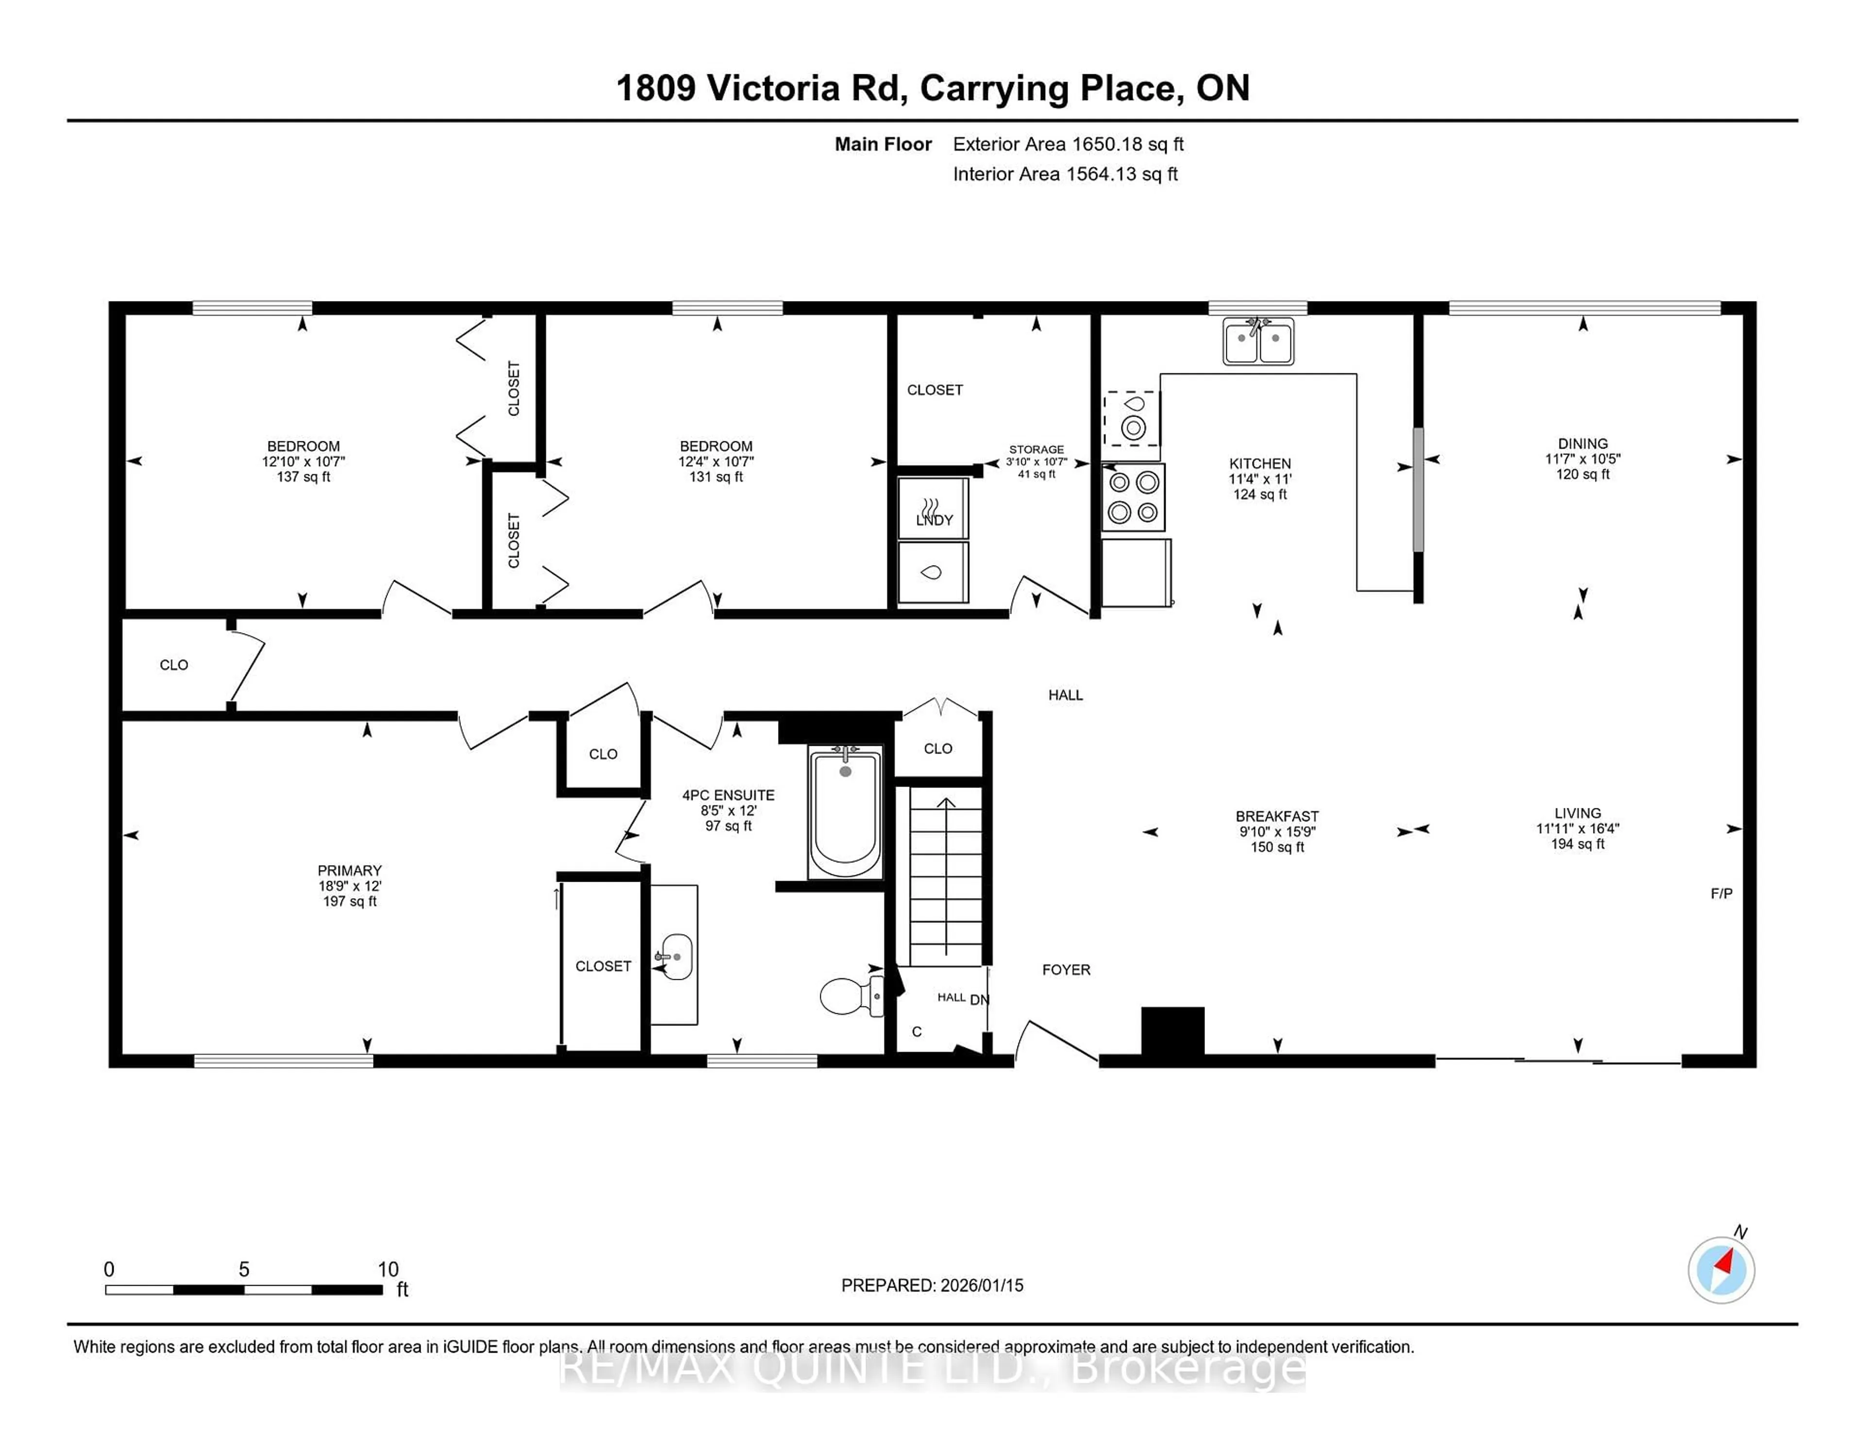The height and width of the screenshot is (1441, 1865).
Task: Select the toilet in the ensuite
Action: tap(849, 995)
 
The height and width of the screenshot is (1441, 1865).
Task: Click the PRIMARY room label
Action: tap(349, 870)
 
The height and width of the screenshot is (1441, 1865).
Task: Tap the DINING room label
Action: tap(1582, 443)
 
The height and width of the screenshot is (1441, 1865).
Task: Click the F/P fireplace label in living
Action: tap(1722, 893)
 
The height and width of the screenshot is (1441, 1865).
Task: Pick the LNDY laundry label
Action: tap(934, 520)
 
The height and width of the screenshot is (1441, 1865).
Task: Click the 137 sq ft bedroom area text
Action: tap(303, 476)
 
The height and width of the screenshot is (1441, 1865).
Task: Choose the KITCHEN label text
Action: tap(1259, 464)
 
